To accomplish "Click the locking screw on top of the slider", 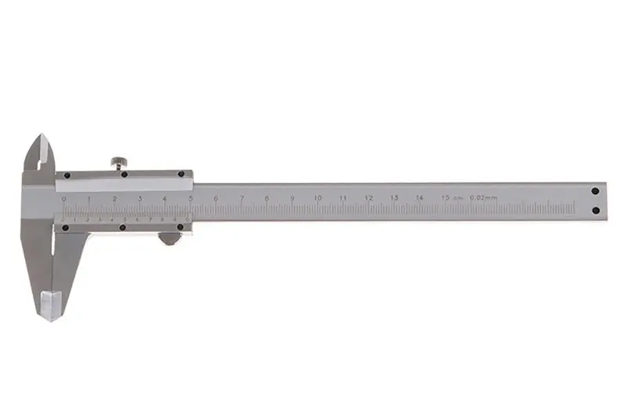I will (119, 162).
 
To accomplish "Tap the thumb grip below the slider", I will (168, 237).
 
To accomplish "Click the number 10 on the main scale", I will (317, 198).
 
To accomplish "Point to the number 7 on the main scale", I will (242, 198).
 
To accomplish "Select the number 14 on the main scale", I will (419, 198).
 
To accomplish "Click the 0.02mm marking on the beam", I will (483, 198).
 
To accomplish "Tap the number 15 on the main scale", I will (445, 198).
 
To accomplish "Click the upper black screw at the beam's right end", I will (595, 190).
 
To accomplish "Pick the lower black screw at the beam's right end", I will (595, 210).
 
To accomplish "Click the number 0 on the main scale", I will (64, 199).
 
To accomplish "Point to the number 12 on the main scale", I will (368, 198).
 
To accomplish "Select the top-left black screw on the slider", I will (68, 175).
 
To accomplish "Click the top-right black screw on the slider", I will (181, 175).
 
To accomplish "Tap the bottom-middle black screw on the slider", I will (123, 228).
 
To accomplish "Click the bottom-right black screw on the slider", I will (181, 228).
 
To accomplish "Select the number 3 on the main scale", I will (140, 199).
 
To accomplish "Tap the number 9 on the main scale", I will (292, 198).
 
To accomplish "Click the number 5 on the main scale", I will (191, 199).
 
